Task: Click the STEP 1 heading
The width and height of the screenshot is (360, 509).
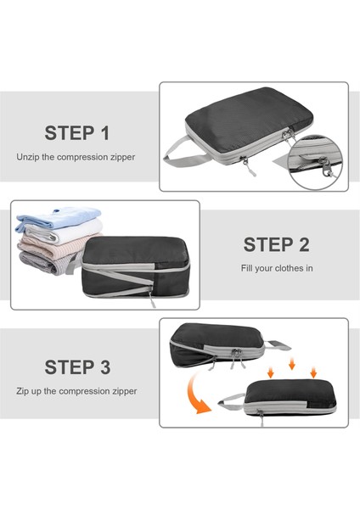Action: click(77, 133)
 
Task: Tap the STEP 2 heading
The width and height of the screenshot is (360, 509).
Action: click(277, 244)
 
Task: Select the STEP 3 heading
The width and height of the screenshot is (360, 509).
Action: click(77, 367)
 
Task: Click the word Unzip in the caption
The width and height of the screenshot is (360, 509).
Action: click(28, 157)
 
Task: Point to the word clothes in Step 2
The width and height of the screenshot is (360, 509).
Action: click(287, 268)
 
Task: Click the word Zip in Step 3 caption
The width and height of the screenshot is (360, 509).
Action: click(22, 391)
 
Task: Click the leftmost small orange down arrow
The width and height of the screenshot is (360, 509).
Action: click(271, 372)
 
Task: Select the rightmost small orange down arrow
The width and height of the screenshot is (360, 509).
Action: click(313, 372)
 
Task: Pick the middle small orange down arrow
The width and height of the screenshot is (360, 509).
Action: click(292, 364)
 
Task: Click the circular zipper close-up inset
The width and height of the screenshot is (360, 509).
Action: click(315, 162)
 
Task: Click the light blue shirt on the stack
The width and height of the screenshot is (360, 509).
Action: click(59, 217)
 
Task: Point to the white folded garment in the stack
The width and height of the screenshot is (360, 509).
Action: click(64, 231)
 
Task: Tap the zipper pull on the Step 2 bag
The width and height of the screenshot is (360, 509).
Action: click(152, 299)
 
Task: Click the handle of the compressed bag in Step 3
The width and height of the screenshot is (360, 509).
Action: click(231, 401)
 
